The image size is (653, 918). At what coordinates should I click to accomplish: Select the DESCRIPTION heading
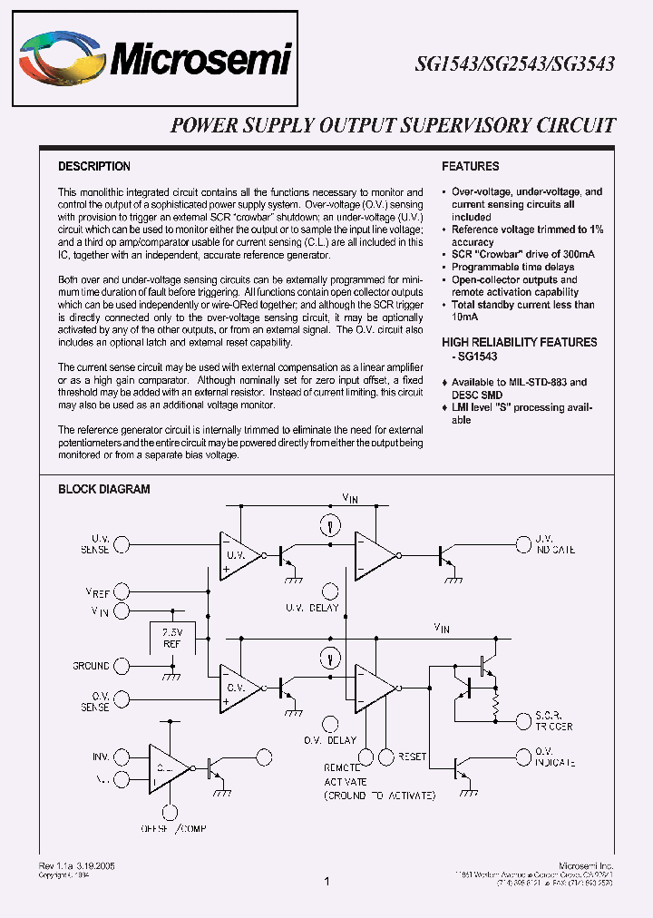[x=94, y=167]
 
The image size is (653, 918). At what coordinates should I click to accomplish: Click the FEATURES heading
[x=471, y=167]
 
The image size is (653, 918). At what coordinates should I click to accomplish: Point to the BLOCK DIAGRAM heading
[x=104, y=489]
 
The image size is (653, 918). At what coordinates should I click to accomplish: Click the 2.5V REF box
[x=171, y=638]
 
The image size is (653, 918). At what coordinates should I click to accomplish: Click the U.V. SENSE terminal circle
[x=121, y=544]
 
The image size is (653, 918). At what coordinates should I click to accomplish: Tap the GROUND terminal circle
[x=121, y=666]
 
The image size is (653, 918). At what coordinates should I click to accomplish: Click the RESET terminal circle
[x=388, y=756]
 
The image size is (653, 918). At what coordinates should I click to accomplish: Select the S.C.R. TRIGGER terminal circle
[x=521, y=721]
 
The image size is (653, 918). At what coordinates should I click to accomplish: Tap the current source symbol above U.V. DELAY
[x=331, y=523]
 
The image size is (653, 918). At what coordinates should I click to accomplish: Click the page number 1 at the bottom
[x=326, y=881]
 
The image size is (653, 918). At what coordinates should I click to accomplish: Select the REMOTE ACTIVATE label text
[x=346, y=775]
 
